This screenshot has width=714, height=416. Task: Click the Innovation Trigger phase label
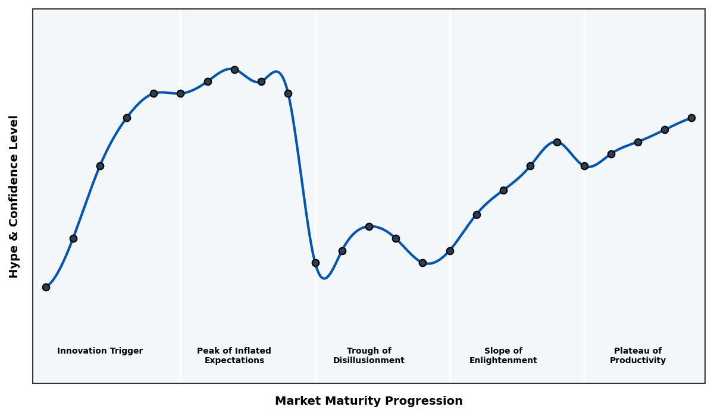tap(100, 351)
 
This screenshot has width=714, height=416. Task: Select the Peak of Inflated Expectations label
tap(234, 355)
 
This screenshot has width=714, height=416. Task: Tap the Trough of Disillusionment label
tap(369, 355)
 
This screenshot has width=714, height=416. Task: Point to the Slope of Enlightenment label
tap(503, 355)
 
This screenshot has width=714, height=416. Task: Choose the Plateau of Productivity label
tap(638, 355)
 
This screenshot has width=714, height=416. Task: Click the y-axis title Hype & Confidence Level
tap(14, 196)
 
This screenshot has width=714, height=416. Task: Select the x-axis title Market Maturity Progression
tap(368, 401)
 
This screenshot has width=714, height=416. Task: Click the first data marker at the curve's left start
tap(46, 287)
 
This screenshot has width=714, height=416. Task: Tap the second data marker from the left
tap(73, 238)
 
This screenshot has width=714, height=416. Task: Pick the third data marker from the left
tap(100, 166)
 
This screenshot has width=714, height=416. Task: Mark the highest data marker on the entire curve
tap(234, 70)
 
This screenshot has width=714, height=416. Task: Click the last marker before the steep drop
tap(288, 93)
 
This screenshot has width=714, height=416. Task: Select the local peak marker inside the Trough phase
tap(369, 226)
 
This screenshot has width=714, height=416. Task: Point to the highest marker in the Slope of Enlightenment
tap(557, 142)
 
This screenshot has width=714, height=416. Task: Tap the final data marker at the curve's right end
tap(691, 118)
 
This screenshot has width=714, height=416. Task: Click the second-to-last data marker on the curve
tap(665, 130)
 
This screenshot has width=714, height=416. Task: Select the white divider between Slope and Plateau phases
tap(584, 267)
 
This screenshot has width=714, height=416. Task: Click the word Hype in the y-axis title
tap(14, 264)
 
